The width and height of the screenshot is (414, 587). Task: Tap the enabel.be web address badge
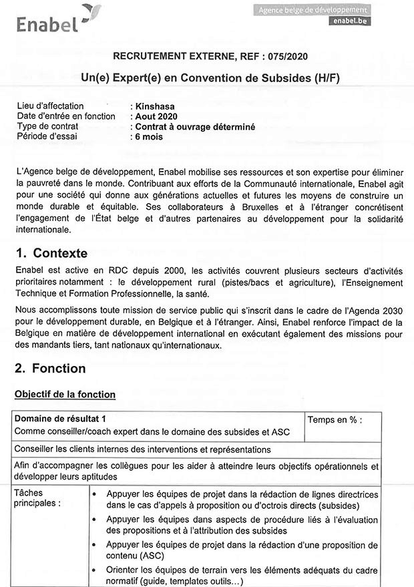pos(351,21)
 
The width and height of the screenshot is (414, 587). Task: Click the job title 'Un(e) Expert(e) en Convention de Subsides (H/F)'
pos(210,77)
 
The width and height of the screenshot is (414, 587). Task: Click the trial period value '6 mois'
pos(148,136)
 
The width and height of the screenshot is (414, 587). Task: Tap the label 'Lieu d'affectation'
pos(51,106)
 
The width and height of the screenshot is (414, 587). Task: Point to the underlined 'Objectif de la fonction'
pos(65,395)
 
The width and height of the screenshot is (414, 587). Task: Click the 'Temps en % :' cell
pos(335,420)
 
